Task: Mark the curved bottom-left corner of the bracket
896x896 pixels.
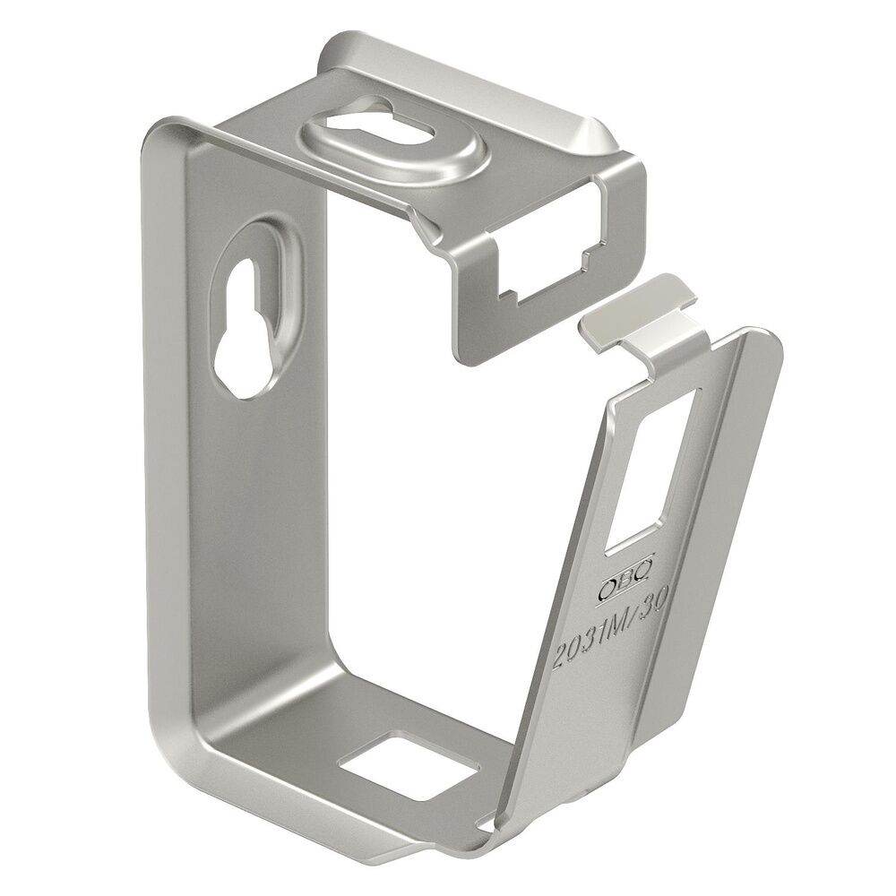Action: [179, 771]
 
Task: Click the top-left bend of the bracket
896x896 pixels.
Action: [166, 134]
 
